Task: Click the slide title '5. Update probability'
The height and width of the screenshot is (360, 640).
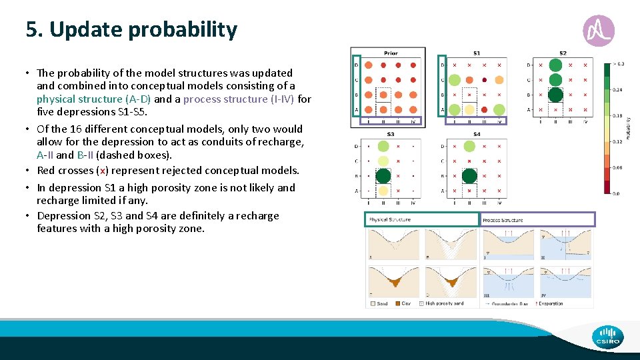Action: pos(131,30)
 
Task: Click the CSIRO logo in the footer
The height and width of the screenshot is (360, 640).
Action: pos(607,337)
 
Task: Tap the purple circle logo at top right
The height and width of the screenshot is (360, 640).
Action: pos(598,31)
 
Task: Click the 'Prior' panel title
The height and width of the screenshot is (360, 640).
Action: pos(391,53)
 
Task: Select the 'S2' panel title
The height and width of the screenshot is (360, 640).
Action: pos(563,53)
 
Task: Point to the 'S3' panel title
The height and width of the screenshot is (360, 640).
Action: pos(391,134)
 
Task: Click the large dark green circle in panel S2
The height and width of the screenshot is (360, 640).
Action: pos(555,95)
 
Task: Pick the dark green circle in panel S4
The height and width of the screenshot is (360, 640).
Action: pos(469,176)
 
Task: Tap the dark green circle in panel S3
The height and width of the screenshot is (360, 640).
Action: pos(383,176)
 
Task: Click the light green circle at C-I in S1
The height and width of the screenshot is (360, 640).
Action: pos(455,80)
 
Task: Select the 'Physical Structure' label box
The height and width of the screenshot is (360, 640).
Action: pos(422,219)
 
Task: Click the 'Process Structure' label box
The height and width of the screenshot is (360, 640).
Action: pos(537,219)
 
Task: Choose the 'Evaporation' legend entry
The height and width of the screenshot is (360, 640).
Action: pos(551,303)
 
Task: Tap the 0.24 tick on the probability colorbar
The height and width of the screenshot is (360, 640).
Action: pos(618,89)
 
